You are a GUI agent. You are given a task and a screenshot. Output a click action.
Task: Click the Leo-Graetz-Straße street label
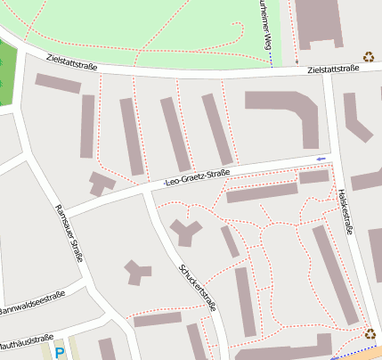(198, 178)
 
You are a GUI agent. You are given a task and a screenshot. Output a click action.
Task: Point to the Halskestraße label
(346, 212)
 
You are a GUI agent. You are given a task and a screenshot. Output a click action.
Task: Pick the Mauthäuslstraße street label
(27, 342)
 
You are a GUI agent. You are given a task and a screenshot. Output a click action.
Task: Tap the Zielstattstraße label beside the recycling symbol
(333, 69)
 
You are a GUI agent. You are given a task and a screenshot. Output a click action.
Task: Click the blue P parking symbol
(60, 353)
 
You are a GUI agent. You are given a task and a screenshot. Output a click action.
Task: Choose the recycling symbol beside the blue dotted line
(370, 334)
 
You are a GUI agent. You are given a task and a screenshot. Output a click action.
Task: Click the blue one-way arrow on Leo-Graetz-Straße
(321, 159)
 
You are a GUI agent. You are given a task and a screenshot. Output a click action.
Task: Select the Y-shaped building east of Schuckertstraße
(186, 232)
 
